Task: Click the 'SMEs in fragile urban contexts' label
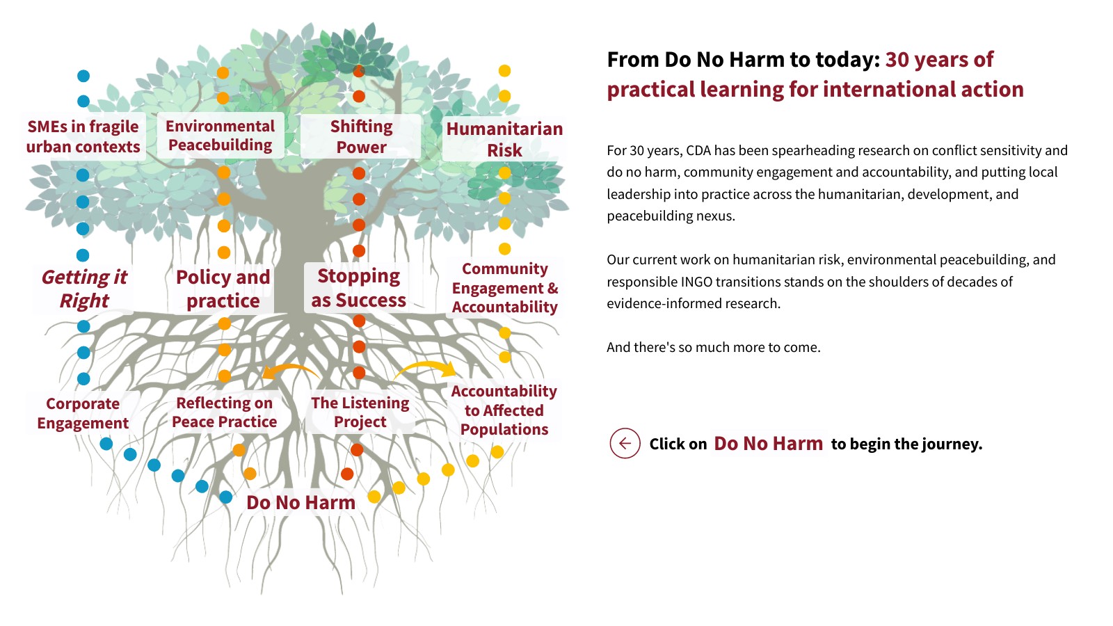[x=83, y=136]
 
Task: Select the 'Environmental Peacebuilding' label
[x=221, y=136]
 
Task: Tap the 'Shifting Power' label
[x=361, y=136]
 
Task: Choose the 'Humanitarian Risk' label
[x=504, y=139]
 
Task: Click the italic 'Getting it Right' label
[x=84, y=289]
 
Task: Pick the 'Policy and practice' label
[x=223, y=289]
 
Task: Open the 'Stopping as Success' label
[x=358, y=288]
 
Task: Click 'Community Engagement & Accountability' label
[x=505, y=288]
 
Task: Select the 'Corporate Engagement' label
[x=83, y=413]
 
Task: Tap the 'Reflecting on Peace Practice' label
[x=224, y=412]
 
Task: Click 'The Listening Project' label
[x=360, y=412]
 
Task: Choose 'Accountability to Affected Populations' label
[x=504, y=410]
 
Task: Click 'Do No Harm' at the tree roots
[x=301, y=502]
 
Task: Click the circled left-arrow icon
[x=625, y=443]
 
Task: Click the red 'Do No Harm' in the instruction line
[x=768, y=444]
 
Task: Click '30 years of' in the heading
[x=939, y=60]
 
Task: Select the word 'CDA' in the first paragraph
[x=700, y=150]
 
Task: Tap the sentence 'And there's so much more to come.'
[x=713, y=347]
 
